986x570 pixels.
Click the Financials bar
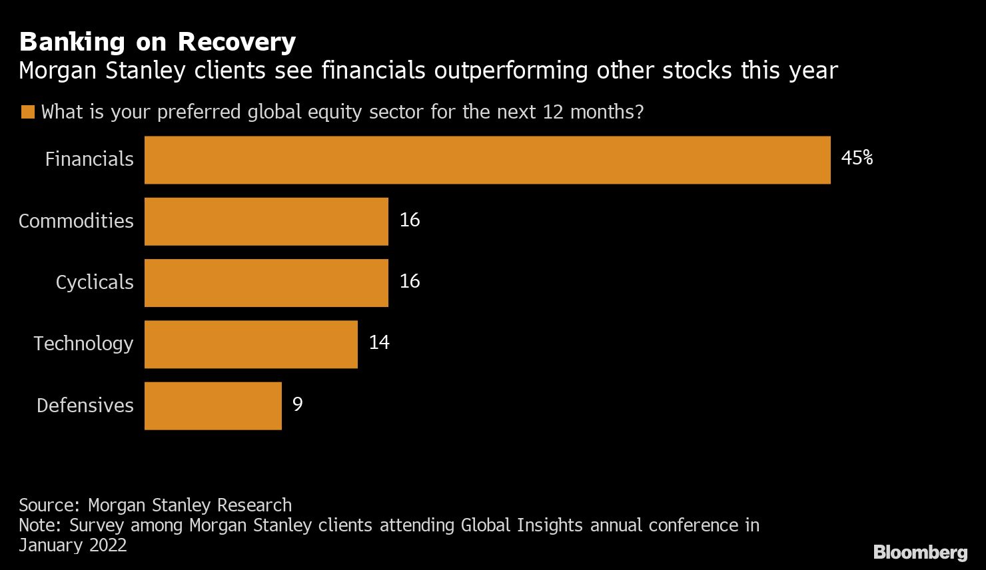pos(487,160)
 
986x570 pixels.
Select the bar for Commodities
pos(266,221)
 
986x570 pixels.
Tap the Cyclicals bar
pos(266,282)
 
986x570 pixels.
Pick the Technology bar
pos(250,344)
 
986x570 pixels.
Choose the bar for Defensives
pos(213,405)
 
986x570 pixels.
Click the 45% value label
pos(857,158)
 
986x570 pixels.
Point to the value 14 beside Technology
pos(378,342)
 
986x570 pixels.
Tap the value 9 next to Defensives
pos(297,404)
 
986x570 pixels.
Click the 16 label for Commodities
pos(409,220)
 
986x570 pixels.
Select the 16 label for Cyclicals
pos(409,281)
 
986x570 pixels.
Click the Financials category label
pos(89,159)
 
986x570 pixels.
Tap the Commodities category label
pos(76,221)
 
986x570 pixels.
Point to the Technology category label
pos(83,344)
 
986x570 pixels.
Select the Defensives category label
pos(85,405)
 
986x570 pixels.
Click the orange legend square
pos(27,112)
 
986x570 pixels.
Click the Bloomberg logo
pos(920,552)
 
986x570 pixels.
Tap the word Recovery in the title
pos(237,42)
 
